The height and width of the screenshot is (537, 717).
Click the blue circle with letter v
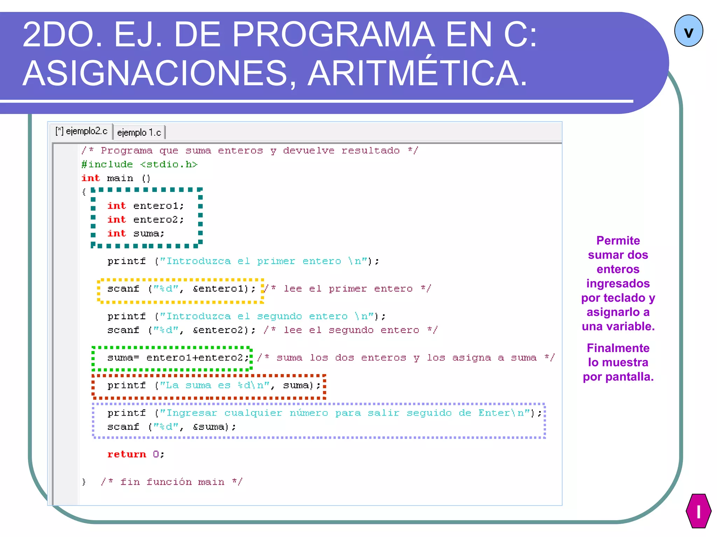click(x=688, y=31)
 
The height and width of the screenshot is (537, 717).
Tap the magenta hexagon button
click(x=698, y=511)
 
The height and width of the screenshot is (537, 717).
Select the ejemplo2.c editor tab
click(x=82, y=131)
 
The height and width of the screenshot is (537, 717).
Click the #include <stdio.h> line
click(x=139, y=164)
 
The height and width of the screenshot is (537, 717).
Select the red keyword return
click(x=126, y=454)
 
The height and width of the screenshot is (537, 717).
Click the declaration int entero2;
click(x=145, y=220)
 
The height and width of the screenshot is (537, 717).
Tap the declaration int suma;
click(x=135, y=233)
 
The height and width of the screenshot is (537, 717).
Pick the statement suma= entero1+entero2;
click(x=178, y=358)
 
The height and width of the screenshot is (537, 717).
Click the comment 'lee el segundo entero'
click(x=350, y=330)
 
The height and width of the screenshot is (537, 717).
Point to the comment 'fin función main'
click(x=172, y=482)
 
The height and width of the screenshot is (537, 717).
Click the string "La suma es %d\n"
click(x=215, y=385)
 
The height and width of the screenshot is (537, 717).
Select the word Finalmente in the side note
click(x=618, y=348)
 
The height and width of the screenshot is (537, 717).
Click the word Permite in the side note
click(x=618, y=241)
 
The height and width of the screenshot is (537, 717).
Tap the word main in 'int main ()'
click(x=120, y=178)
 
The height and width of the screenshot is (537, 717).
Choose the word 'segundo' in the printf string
click(x=279, y=316)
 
